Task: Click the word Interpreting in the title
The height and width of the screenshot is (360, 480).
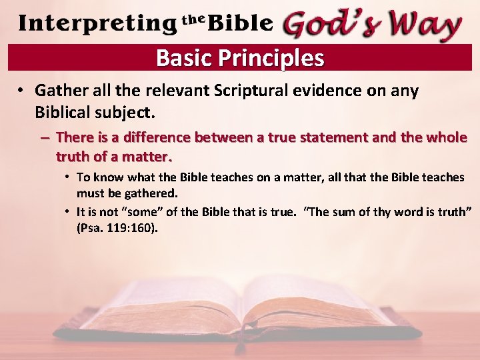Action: [x=97, y=24]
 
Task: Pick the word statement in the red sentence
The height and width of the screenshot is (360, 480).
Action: [x=321, y=138]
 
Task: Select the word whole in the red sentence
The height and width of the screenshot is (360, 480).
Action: [x=445, y=138]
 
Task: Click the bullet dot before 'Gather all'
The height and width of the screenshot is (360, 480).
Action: [x=22, y=91]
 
